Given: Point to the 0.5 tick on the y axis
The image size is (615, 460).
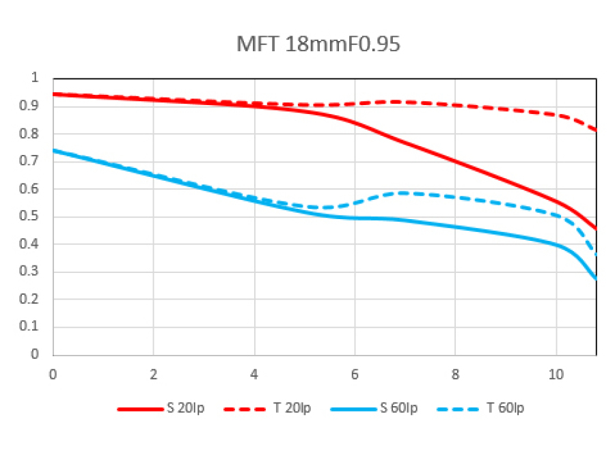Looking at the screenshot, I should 35,216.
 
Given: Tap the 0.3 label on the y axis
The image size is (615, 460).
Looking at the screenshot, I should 35,272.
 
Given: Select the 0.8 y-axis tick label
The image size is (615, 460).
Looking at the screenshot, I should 35,134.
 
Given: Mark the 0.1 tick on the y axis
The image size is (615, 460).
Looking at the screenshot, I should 35,327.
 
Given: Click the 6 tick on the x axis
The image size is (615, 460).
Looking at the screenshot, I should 355,374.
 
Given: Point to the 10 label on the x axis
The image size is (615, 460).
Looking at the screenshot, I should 556,374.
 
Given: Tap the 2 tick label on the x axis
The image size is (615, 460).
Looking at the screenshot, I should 154,374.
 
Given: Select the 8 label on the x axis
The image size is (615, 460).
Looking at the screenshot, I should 456,374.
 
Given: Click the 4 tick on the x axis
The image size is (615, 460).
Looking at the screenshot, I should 254,374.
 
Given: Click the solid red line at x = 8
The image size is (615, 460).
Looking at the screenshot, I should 456,161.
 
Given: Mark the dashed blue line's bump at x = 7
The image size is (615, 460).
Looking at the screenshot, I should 405,193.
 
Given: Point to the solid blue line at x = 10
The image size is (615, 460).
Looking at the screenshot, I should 556,244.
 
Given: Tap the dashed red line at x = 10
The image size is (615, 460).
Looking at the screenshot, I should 556,115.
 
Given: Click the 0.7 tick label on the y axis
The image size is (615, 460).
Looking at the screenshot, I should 35,161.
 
